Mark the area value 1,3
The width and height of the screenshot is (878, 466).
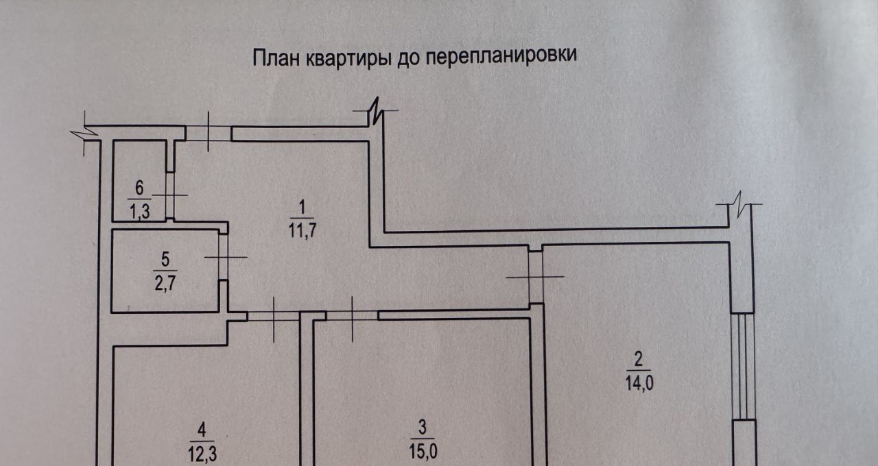tap(140, 211)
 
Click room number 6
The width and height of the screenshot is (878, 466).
tap(140, 187)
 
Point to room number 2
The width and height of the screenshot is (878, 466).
tap(638, 359)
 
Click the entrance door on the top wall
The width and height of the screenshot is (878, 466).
tap(209, 133)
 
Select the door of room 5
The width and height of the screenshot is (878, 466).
tap(224, 257)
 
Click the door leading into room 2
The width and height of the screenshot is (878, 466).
tap(536, 277)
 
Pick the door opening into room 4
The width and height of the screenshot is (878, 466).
tap(274, 316)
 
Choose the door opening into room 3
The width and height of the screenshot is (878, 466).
tap(352, 316)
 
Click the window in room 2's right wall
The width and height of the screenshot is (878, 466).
tap(743, 367)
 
